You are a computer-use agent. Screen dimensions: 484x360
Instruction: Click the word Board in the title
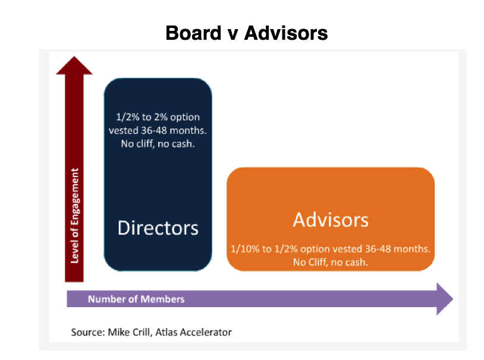tap(193, 33)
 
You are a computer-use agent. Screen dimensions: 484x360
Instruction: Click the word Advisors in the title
tap(286, 33)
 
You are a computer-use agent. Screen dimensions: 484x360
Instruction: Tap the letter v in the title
tap(232, 35)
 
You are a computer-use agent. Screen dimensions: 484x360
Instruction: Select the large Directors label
tap(158, 228)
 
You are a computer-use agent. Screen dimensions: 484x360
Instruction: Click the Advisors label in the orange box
tap(331, 220)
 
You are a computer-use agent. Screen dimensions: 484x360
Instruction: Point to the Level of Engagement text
tap(75, 216)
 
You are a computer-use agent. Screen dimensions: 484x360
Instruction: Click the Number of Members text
tap(136, 299)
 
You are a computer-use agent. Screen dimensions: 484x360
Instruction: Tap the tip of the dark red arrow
tap(74, 56)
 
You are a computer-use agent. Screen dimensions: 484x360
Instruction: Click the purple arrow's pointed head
tap(452, 299)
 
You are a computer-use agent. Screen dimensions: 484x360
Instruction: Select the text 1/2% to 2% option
tap(158, 117)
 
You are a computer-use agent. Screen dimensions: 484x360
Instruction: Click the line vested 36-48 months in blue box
tap(158, 131)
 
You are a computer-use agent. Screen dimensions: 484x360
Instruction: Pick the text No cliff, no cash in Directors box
tap(158, 144)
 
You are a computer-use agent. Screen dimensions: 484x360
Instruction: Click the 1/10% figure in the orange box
tap(245, 249)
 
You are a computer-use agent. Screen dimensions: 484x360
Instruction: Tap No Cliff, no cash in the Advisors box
tap(331, 262)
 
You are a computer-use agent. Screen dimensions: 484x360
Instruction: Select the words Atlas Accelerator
tap(193, 332)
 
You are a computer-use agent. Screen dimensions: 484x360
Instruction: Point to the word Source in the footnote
tap(88, 332)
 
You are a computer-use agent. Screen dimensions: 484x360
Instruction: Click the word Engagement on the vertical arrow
tap(75, 195)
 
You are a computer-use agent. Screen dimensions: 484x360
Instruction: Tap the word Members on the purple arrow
tap(163, 299)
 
